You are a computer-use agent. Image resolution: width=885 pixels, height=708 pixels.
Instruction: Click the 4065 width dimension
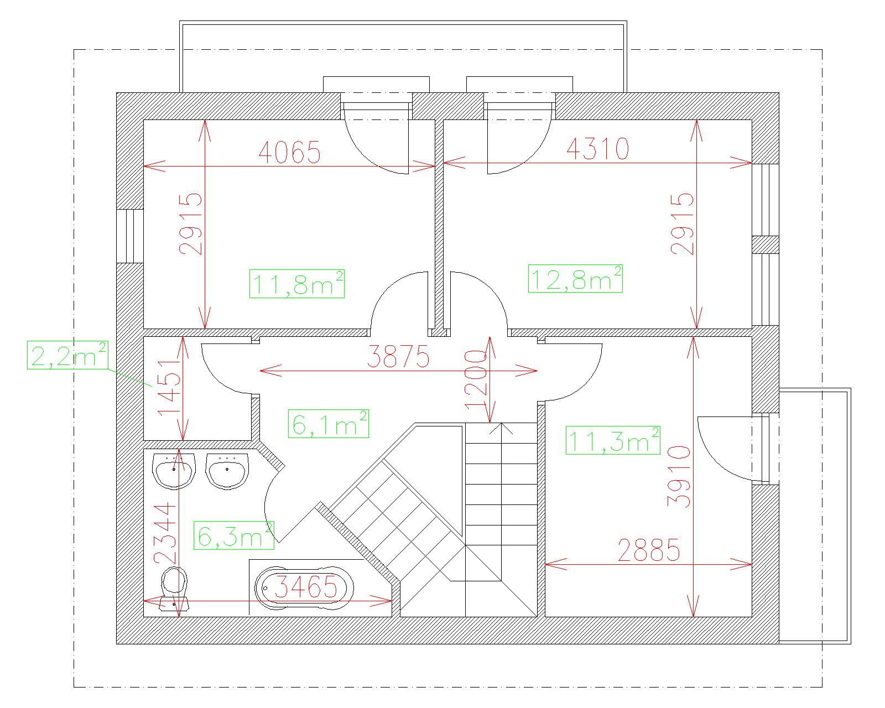289,152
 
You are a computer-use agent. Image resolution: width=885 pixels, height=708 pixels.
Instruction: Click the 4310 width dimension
598,148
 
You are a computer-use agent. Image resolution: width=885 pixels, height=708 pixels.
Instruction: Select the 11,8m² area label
297,283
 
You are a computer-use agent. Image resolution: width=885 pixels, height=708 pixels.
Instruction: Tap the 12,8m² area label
575,279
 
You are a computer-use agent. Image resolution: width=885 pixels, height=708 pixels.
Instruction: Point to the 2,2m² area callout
68,355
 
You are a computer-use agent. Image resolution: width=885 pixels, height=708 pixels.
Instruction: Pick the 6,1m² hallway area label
329,423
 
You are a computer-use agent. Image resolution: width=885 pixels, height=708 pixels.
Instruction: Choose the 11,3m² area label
613,440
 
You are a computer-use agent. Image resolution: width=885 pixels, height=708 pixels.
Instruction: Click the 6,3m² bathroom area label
234,535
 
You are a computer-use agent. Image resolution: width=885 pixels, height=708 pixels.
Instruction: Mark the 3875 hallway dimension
398,356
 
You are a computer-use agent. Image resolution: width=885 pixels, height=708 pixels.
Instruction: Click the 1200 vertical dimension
476,379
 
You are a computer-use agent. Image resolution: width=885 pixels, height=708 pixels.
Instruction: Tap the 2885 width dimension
649,550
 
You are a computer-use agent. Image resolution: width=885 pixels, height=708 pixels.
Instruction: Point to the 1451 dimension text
170,388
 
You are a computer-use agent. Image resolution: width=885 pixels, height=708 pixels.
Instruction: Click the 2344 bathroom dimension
165,533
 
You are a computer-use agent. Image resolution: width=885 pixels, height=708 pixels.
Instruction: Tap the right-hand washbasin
227,471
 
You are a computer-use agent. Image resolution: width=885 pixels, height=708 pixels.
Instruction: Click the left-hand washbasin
174,471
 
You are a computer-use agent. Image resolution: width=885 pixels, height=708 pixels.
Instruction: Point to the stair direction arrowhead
501,428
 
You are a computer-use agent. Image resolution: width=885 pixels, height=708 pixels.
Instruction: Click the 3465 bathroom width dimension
306,587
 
